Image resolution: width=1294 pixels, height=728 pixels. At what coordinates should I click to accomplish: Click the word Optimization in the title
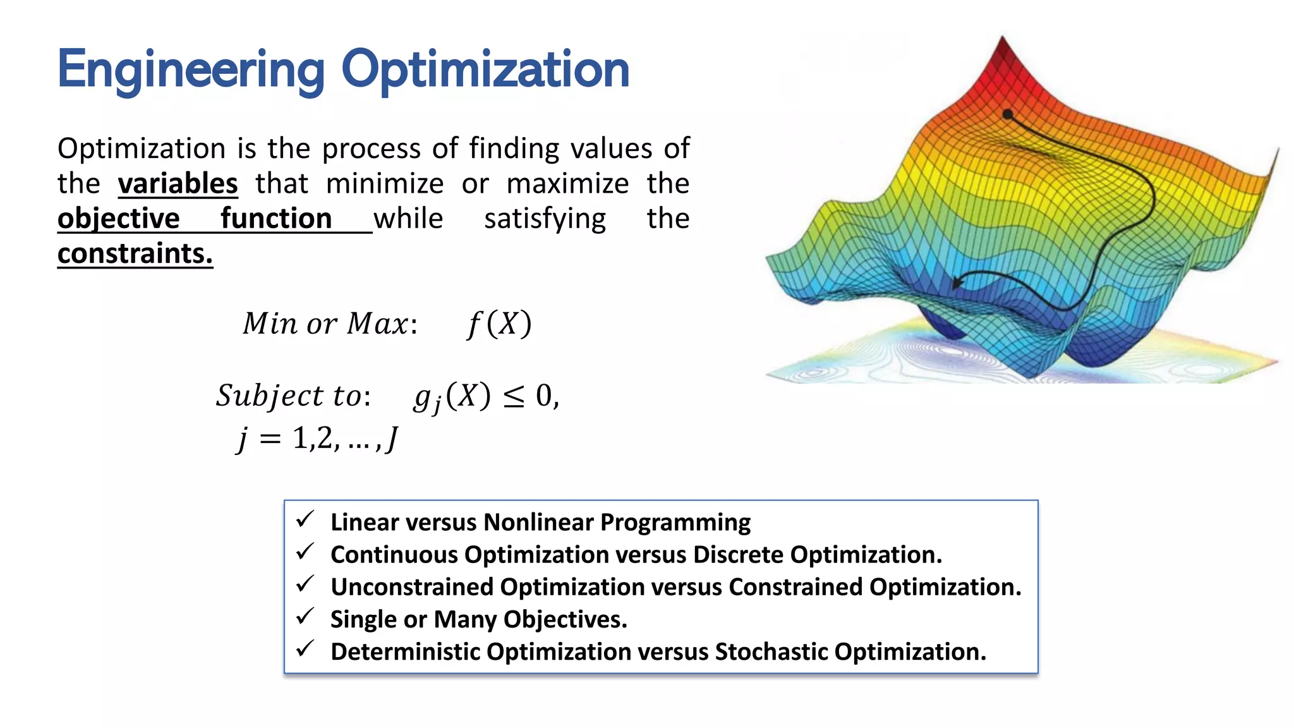point(485,70)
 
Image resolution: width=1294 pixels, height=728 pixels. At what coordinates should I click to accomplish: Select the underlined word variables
point(178,184)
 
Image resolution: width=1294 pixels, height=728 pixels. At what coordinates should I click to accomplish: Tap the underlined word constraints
point(135,253)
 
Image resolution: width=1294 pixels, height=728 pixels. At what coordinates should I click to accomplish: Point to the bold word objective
point(118,219)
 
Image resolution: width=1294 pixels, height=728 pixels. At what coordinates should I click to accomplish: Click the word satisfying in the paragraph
point(545,219)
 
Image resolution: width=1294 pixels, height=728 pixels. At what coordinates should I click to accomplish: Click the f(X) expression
point(499,324)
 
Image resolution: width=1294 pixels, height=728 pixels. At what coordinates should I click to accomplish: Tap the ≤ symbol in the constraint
point(513,397)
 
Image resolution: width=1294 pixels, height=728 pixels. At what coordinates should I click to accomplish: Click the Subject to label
point(291,396)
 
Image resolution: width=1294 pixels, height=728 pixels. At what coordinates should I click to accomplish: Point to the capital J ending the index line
point(392,438)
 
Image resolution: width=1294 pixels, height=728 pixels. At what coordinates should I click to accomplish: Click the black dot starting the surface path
point(1008,114)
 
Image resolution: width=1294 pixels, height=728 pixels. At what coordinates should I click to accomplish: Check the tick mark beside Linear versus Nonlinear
point(305,519)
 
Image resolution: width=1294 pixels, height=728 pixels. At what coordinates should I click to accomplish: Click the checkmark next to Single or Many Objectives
point(305,616)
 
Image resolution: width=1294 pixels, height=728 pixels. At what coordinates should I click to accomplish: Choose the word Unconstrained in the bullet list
point(412,587)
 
